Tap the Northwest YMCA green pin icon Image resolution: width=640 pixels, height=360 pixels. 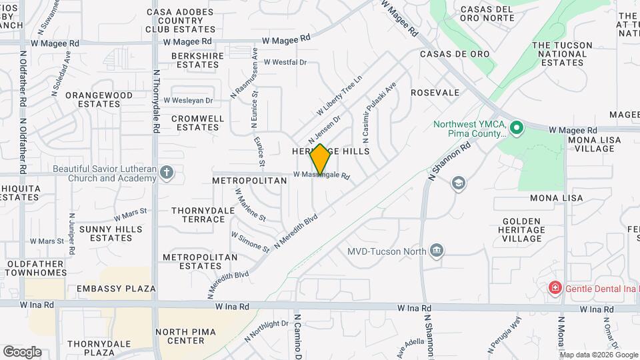(515, 127)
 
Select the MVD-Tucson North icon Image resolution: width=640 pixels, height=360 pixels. (437, 251)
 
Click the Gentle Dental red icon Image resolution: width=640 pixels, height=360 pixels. (553, 287)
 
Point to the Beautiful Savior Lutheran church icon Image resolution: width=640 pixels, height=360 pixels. (167, 173)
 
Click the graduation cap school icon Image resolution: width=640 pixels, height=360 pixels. (458, 183)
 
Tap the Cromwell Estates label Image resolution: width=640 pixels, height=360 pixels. (197, 123)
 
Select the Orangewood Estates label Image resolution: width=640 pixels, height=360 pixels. (99, 99)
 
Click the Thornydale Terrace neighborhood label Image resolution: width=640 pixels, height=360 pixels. (198, 215)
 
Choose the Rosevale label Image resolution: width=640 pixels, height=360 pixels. (435, 93)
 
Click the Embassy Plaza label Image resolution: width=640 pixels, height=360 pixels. (116, 289)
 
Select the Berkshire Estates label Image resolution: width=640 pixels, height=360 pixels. (195, 60)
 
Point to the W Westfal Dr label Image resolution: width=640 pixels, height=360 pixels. (285, 62)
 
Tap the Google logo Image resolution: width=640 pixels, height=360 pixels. (22, 351)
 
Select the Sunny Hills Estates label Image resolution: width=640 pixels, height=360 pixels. (111, 233)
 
